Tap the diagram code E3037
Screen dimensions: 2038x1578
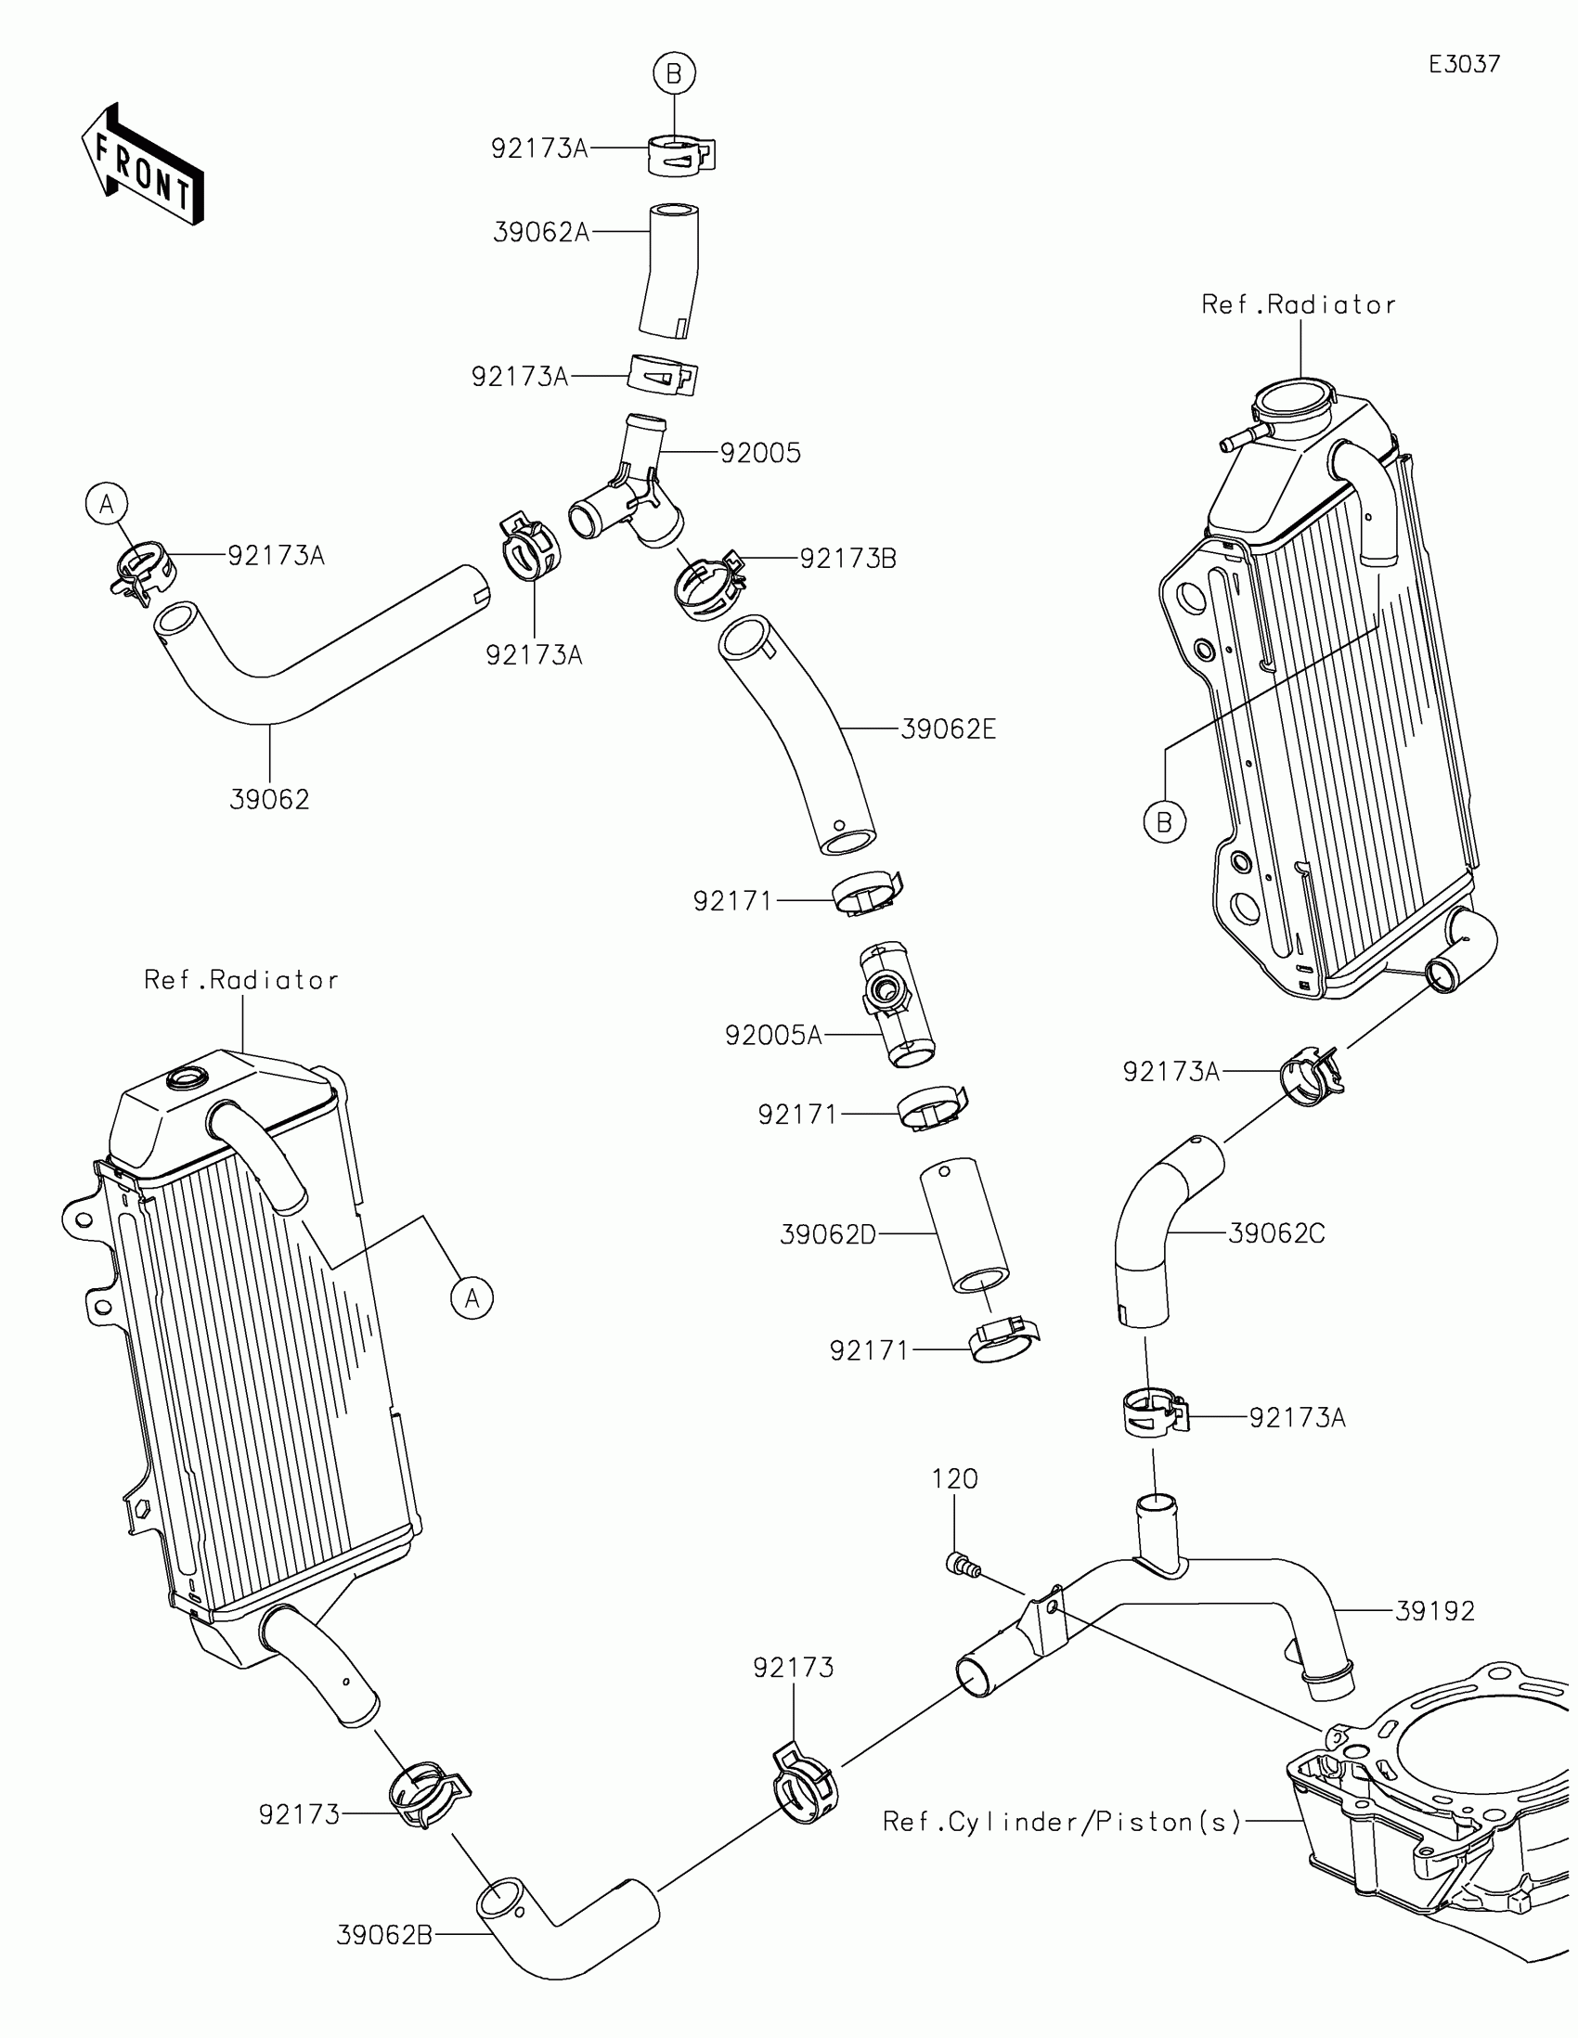[1464, 64]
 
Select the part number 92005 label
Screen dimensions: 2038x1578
[759, 454]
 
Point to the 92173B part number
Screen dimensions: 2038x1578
[847, 559]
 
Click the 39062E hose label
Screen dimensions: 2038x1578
[948, 729]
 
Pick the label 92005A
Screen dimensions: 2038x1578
[773, 1036]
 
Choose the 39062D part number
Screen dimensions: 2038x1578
[828, 1235]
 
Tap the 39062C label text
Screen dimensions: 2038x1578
[1275, 1233]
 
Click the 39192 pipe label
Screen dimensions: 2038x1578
[1434, 1611]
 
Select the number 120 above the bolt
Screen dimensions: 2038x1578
[953, 1479]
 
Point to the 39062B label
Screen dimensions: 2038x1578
[383, 1936]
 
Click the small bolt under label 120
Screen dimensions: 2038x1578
[962, 1564]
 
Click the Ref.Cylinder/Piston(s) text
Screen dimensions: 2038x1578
[1061, 1822]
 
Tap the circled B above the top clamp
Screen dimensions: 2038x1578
[674, 72]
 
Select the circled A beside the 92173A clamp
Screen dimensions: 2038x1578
[107, 504]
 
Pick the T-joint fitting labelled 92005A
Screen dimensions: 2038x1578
[895, 1004]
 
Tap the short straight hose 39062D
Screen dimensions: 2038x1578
[964, 1225]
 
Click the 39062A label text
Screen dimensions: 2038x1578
[540, 232]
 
